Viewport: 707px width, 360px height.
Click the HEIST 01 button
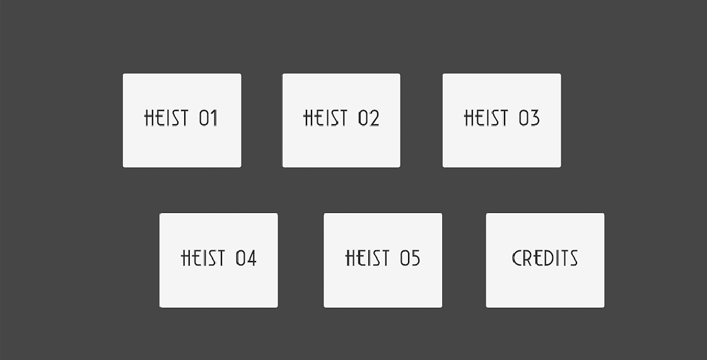click(x=182, y=120)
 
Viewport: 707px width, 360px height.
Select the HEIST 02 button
click(x=341, y=120)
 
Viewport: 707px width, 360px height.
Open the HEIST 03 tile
click(x=501, y=120)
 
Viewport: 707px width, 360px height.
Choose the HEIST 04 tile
click(x=218, y=260)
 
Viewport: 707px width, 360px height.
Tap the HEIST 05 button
click(x=383, y=260)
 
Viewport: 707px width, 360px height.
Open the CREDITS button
click(x=545, y=260)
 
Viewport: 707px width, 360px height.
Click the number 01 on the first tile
click(x=208, y=119)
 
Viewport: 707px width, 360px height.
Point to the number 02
click(x=369, y=119)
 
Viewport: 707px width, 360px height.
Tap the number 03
click(x=529, y=119)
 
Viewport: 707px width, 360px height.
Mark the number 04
click(x=246, y=258)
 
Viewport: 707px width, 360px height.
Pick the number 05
click(x=410, y=258)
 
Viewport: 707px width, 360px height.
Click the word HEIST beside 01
click(x=167, y=119)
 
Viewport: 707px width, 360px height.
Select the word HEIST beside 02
click(x=326, y=119)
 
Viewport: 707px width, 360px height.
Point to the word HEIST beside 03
click(x=486, y=119)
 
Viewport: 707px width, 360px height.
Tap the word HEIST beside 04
click(x=203, y=258)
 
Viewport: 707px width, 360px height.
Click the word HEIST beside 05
click(x=367, y=258)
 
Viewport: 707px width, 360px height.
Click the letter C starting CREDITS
click(x=517, y=258)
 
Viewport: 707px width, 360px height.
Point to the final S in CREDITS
click(x=573, y=258)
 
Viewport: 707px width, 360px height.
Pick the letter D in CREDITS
click(x=547, y=258)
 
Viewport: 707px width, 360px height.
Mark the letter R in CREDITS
click(x=527, y=258)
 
